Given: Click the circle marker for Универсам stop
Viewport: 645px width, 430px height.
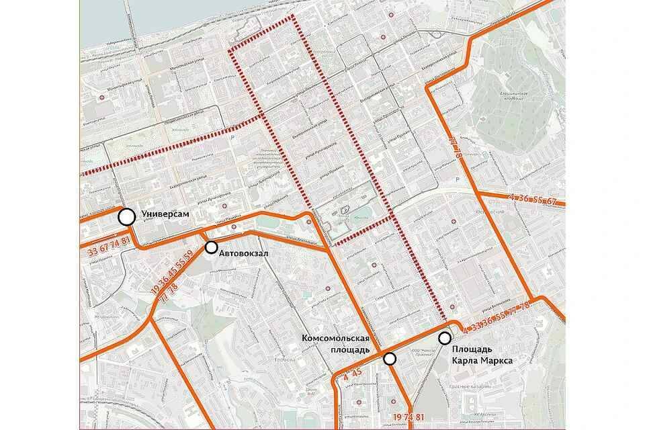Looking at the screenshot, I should coord(126,216).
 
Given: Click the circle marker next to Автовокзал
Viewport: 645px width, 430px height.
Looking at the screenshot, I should coord(211,247).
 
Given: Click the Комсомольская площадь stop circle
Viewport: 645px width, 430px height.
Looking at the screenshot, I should coord(390,359).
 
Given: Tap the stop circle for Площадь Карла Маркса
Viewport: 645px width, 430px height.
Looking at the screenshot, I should coord(444,338).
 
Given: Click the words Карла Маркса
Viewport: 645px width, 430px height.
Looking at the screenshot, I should coord(482,361).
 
